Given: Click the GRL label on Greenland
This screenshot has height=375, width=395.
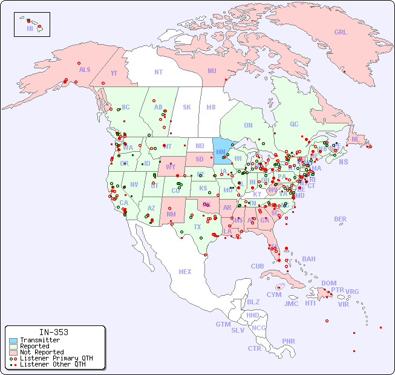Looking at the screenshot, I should coord(341,32).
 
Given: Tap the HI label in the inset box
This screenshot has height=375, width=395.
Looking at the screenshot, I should coord(30,28).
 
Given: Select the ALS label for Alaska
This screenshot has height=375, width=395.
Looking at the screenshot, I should coord(85,70).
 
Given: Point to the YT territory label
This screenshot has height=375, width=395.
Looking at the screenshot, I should coord(114,73).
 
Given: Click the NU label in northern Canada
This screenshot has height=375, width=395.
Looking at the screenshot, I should coord(212,71).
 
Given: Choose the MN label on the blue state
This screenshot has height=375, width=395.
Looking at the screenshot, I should coord(220,152).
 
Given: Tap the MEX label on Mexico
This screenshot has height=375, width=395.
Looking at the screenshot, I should coord(185,272).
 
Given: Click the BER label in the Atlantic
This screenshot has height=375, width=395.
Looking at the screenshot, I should coord(340,219).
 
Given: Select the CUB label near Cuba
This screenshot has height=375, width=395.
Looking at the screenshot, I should coord(258,266).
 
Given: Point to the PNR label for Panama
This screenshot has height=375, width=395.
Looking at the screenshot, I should coord(289,341).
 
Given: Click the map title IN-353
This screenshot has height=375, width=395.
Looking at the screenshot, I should coord(53,332).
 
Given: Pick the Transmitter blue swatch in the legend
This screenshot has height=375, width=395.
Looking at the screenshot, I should coord(13,341).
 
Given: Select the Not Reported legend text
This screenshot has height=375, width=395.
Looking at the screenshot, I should coord(42,352).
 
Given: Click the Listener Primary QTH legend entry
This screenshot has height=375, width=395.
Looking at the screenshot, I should coord(56,358).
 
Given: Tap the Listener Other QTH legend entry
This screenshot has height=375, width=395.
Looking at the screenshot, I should coord(52,364).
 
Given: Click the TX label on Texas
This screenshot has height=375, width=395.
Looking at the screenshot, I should coord(197,227).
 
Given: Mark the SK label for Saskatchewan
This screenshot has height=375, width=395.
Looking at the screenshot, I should coord(187,107).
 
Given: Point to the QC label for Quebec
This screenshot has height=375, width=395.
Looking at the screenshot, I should coord(294,124).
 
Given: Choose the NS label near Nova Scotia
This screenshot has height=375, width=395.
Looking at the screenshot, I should coord(343,161).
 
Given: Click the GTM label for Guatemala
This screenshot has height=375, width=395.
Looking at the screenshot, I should coord(223,324).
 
